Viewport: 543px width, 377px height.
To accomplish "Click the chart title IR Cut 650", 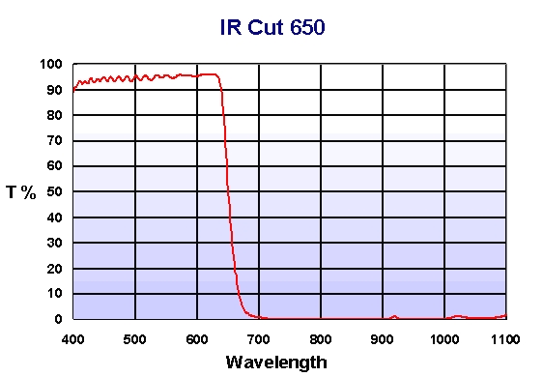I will tap(271, 27).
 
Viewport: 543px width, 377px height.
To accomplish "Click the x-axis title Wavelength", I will tap(275, 363).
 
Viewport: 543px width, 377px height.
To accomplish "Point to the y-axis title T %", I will tap(21, 192).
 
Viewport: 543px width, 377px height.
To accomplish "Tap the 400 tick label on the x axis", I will tap(72, 339).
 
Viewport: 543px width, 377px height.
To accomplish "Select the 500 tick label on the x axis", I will tap(134, 339).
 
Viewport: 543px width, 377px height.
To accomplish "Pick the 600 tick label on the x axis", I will tap(196, 339).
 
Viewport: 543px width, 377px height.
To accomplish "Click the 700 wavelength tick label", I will tap(259, 339).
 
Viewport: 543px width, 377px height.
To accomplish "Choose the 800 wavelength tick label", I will tap(321, 339).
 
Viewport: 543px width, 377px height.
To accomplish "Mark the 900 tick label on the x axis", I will tap(383, 339).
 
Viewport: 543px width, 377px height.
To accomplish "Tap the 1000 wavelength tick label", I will tap(444, 339).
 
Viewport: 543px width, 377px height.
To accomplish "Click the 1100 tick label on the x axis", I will tap(505, 339).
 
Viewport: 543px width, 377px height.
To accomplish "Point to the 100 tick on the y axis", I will tap(52, 65).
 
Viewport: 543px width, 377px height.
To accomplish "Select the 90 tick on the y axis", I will tap(56, 90).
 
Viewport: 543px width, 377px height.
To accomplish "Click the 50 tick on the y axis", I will tap(56, 191).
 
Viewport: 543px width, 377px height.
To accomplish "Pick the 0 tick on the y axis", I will tap(59, 319).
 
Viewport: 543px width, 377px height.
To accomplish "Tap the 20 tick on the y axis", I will tap(56, 268).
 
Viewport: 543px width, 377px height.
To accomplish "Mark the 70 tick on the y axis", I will tap(56, 141).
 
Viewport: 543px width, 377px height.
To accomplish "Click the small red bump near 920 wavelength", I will tap(394, 316).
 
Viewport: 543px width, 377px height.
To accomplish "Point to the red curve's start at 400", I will tap(73, 90).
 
